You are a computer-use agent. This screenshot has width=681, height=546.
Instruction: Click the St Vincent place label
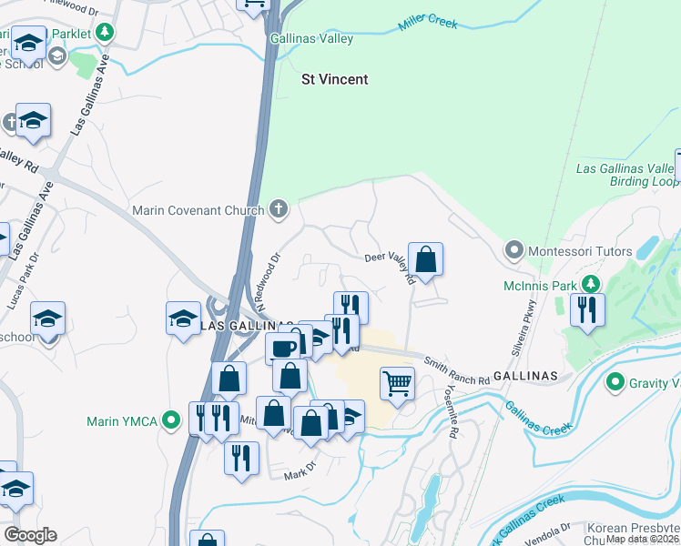(x=334, y=79)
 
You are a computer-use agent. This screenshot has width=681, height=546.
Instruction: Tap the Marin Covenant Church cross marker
(x=280, y=210)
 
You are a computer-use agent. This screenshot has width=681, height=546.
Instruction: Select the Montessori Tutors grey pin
(x=513, y=249)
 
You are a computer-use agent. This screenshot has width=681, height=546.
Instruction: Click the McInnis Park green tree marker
(x=593, y=286)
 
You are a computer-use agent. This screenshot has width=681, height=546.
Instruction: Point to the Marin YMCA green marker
(x=170, y=420)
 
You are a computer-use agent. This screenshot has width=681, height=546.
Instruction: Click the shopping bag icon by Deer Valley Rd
(x=425, y=258)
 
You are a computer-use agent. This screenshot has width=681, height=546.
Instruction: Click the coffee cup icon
(x=282, y=348)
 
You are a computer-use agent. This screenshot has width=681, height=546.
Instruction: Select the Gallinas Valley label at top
(x=311, y=39)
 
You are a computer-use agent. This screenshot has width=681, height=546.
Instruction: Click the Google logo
(x=30, y=534)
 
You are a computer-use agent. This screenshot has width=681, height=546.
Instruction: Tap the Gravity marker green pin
(x=617, y=382)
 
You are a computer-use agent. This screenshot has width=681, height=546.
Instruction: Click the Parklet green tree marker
(x=106, y=34)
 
